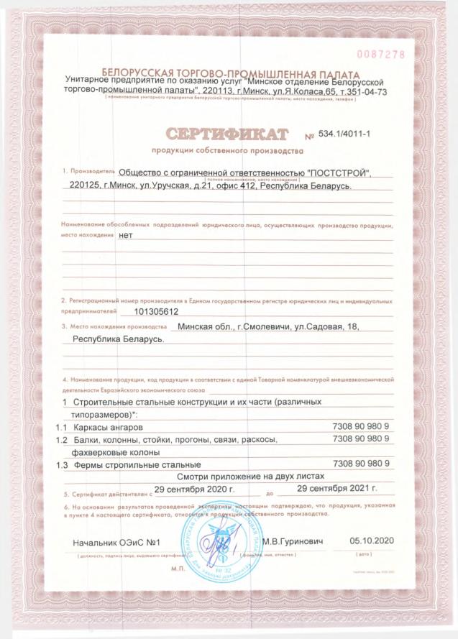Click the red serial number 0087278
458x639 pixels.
pos(381,55)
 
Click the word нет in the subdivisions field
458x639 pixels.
pos(127,235)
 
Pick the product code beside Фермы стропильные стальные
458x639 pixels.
pos(362,464)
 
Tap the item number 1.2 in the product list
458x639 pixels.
pos(62,440)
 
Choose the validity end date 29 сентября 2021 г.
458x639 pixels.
pos(337,489)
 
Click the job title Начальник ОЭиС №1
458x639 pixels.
pos(115,541)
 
